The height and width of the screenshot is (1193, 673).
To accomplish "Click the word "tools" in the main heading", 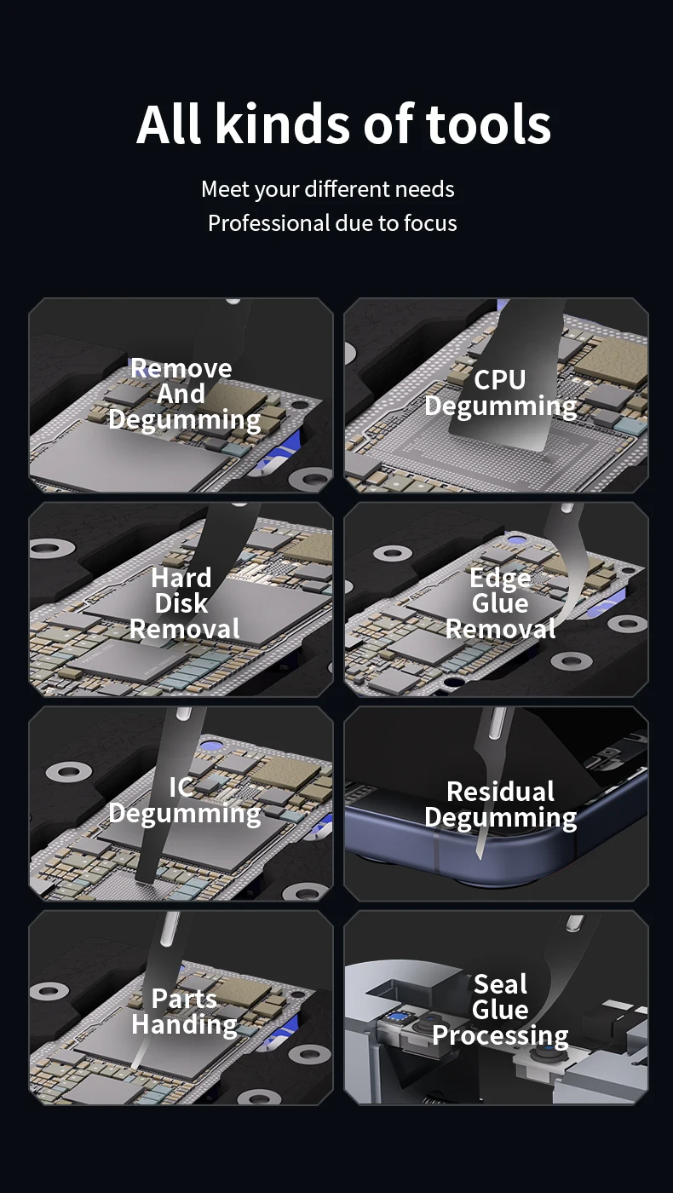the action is (x=487, y=124).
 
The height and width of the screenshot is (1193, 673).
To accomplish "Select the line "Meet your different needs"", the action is (x=327, y=189).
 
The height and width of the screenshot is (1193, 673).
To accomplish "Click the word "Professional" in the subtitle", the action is (x=268, y=223).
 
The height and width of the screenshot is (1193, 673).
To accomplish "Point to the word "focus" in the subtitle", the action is (x=430, y=223).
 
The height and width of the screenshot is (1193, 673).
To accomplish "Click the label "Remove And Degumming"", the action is (x=184, y=394).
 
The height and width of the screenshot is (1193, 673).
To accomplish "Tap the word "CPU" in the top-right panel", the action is (x=499, y=380).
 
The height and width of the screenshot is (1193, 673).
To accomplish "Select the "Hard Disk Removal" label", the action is (x=184, y=603).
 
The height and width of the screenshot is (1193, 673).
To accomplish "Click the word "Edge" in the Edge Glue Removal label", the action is (x=500, y=579).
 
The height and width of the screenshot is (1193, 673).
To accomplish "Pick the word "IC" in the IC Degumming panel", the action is (x=181, y=787).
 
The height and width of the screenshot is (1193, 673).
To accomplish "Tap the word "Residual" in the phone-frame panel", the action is (x=500, y=792).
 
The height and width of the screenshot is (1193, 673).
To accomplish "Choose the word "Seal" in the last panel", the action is (x=500, y=984).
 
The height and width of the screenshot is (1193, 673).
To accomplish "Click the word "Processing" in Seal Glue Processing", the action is (x=500, y=1036).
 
